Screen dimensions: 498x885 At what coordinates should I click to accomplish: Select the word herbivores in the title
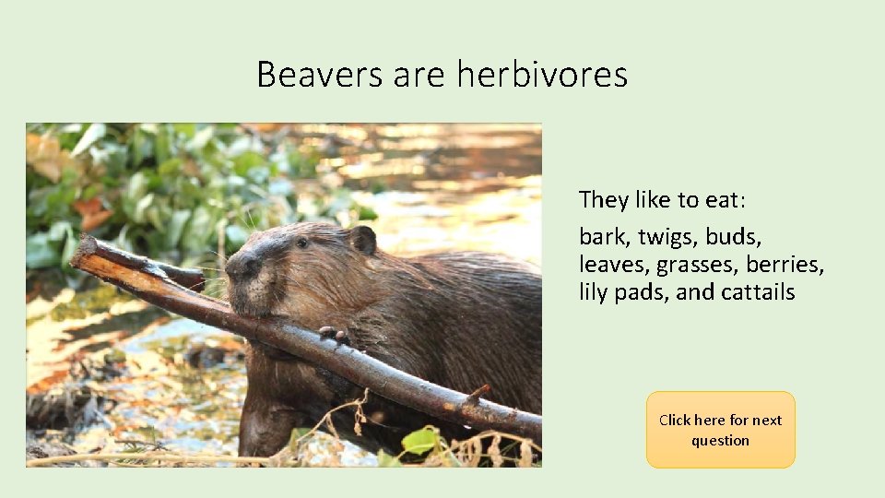pyautogui.click(x=542, y=74)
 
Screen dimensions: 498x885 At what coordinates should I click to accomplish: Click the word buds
pyautogui.click(x=735, y=237)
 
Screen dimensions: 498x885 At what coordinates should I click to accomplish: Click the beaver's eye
pyautogui.click(x=301, y=243)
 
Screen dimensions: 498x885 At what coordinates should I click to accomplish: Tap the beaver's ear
pyautogui.click(x=363, y=240)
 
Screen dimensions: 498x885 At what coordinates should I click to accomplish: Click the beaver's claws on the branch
pyautogui.click(x=334, y=335)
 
